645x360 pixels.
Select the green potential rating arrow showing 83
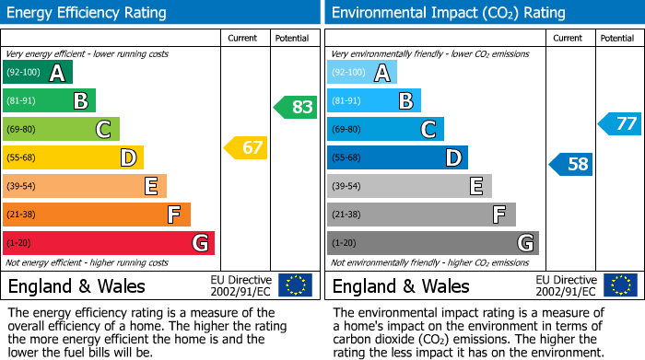(295, 107)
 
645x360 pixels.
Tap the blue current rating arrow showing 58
(570, 165)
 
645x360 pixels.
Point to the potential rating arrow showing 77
(619, 123)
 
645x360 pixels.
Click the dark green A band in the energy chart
(37, 73)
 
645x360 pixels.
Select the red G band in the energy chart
(108, 243)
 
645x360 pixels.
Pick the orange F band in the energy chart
(96, 215)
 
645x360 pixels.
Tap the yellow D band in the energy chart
(73, 157)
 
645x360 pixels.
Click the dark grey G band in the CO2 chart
(432, 243)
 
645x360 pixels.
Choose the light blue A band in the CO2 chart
(362, 73)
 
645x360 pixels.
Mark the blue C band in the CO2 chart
(385, 129)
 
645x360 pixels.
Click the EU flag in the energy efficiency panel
(295, 285)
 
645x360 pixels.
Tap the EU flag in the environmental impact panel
(619, 285)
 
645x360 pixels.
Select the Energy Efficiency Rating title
(88, 13)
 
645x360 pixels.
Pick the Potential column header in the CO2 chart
(617, 38)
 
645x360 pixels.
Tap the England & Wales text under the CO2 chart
(401, 285)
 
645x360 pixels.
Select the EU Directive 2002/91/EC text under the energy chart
(241, 285)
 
